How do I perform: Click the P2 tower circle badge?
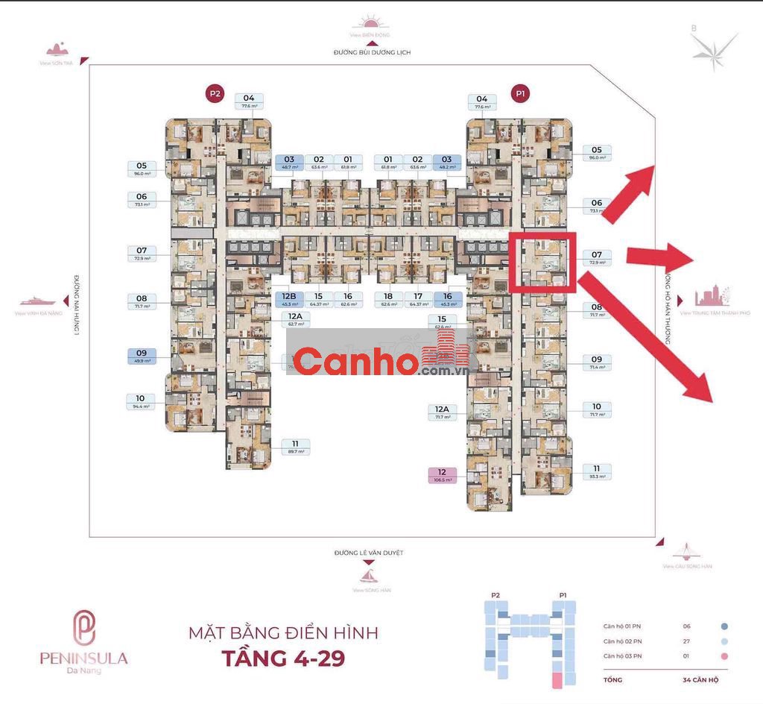tap(215, 93)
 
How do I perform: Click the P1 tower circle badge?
tap(520, 93)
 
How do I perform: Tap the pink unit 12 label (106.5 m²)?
tap(441, 476)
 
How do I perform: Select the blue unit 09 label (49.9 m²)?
tap(141, 356)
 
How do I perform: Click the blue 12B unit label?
tap(288, 300)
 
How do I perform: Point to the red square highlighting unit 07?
tap(543, 260)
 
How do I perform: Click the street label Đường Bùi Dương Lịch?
tap(372, 53)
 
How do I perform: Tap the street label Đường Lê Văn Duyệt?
tap(369, 553)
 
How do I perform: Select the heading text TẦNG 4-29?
tap(283, 659)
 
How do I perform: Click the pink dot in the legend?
tap(724, 656)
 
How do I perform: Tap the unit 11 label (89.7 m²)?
tap(295, 447)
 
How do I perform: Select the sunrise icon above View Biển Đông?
tap(370, 23)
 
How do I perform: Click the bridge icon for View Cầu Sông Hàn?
tap(686, 552)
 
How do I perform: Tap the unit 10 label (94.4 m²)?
tap(141, 402)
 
